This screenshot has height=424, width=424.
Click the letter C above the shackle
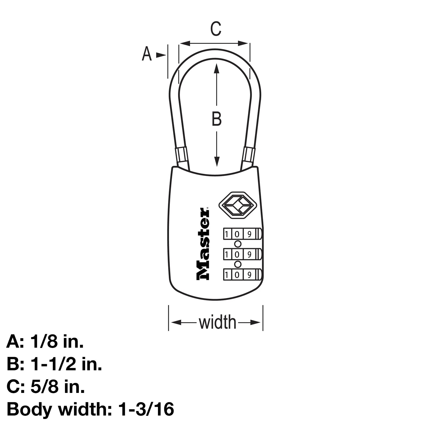216,29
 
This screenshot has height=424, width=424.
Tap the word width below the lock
217,322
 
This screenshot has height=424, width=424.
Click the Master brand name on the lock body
203,244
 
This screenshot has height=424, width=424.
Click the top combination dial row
243,234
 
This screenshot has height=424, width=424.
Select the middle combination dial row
243,254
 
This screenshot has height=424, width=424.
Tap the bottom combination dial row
243,274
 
